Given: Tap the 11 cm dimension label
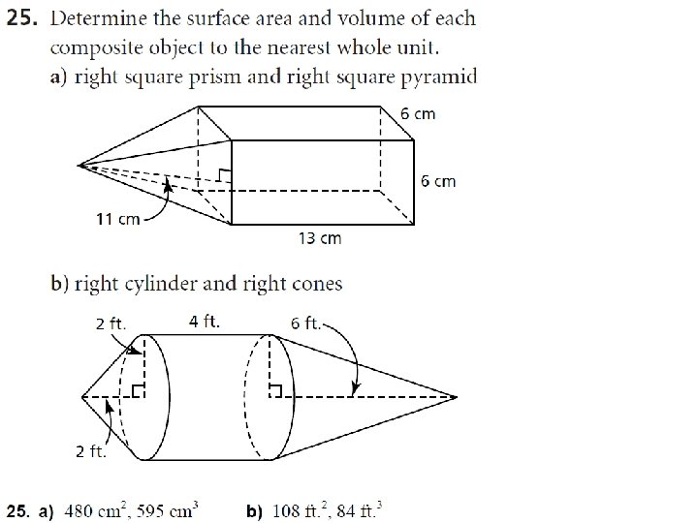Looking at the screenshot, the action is (116, 219).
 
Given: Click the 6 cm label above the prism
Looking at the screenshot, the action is (418, 113).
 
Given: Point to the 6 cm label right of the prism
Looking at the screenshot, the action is (437, 181).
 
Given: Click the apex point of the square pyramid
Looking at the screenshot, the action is (79, 165).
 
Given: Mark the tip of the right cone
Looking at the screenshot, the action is (455, 396).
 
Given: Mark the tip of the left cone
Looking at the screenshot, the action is (81, 396).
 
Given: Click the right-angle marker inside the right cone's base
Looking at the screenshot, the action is (278, 390).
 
